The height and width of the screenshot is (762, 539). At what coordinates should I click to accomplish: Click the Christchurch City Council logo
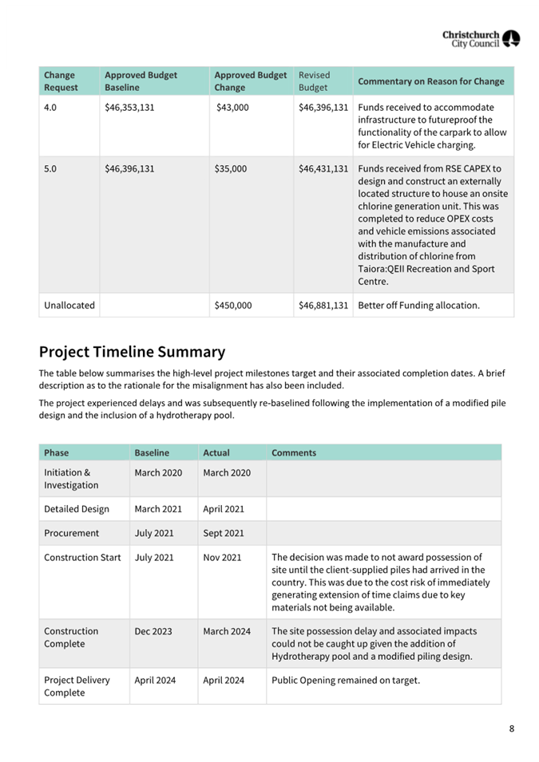pyautogui.click(x=481, y=39)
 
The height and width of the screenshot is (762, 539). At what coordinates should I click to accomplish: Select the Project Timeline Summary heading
pyautogui.click(x=132, y=352)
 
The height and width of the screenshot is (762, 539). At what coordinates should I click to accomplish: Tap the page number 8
pyautogui.click(x=511, y=728)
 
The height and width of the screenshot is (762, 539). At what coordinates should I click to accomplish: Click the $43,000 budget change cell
pyautogui.click(x=233, y=107)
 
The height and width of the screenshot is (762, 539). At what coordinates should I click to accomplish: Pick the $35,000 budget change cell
pyautogui.click(x=231, y=168)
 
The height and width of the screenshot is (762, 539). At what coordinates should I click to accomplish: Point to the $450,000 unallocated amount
pyautogui.click(x=233, y=305)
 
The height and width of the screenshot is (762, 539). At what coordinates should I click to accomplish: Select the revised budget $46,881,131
pyautogui.click(x=323, y=305)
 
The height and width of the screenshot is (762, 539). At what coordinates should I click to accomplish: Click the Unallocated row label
pyautogui.click(x=69, y=305)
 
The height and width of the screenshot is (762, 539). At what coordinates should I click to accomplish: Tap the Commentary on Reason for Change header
pyautogui.click(x=431, y=81)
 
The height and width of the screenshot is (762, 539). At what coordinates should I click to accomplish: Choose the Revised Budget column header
pyautogui.click(x=314, y=81)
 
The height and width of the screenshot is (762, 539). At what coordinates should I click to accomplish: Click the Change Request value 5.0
pyautogui.click(x=50, y=168)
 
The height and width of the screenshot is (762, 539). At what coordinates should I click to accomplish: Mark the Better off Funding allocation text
pyautogui.click(x=419, y=305)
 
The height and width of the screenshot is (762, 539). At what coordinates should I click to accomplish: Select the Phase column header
pyautogui.click(x=57, y=452)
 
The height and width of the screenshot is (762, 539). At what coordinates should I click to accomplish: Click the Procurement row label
pyautogui.click(x=72, y=532)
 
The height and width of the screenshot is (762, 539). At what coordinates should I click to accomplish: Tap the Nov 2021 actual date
pyautogui.click(x=222, y=557)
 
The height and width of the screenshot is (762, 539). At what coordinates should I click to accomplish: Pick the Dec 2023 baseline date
pyautogui.click(x=153, y=631)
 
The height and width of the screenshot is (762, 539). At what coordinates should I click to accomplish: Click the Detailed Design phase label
pyautogui.click(x=77, y=508)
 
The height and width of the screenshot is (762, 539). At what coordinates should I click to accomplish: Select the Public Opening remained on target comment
pyautogui.click(x=346, y=681)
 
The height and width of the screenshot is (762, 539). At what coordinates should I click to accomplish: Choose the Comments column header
pyautogui.click(x=294, y=452)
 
